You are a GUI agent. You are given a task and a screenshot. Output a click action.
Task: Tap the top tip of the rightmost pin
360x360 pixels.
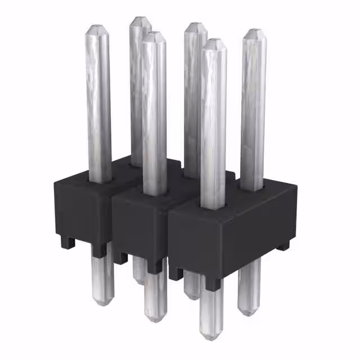point(254,31)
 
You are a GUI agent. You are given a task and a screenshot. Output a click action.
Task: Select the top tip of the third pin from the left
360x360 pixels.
point(154,34)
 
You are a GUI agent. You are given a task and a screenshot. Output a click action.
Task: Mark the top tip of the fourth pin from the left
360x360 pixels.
point(195,25)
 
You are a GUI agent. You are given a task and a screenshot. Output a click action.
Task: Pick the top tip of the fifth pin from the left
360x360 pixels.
point(213,42)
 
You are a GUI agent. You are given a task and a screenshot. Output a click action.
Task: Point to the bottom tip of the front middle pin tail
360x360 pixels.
point(155,320)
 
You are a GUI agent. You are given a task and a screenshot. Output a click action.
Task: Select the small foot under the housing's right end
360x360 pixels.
point(284,245)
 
